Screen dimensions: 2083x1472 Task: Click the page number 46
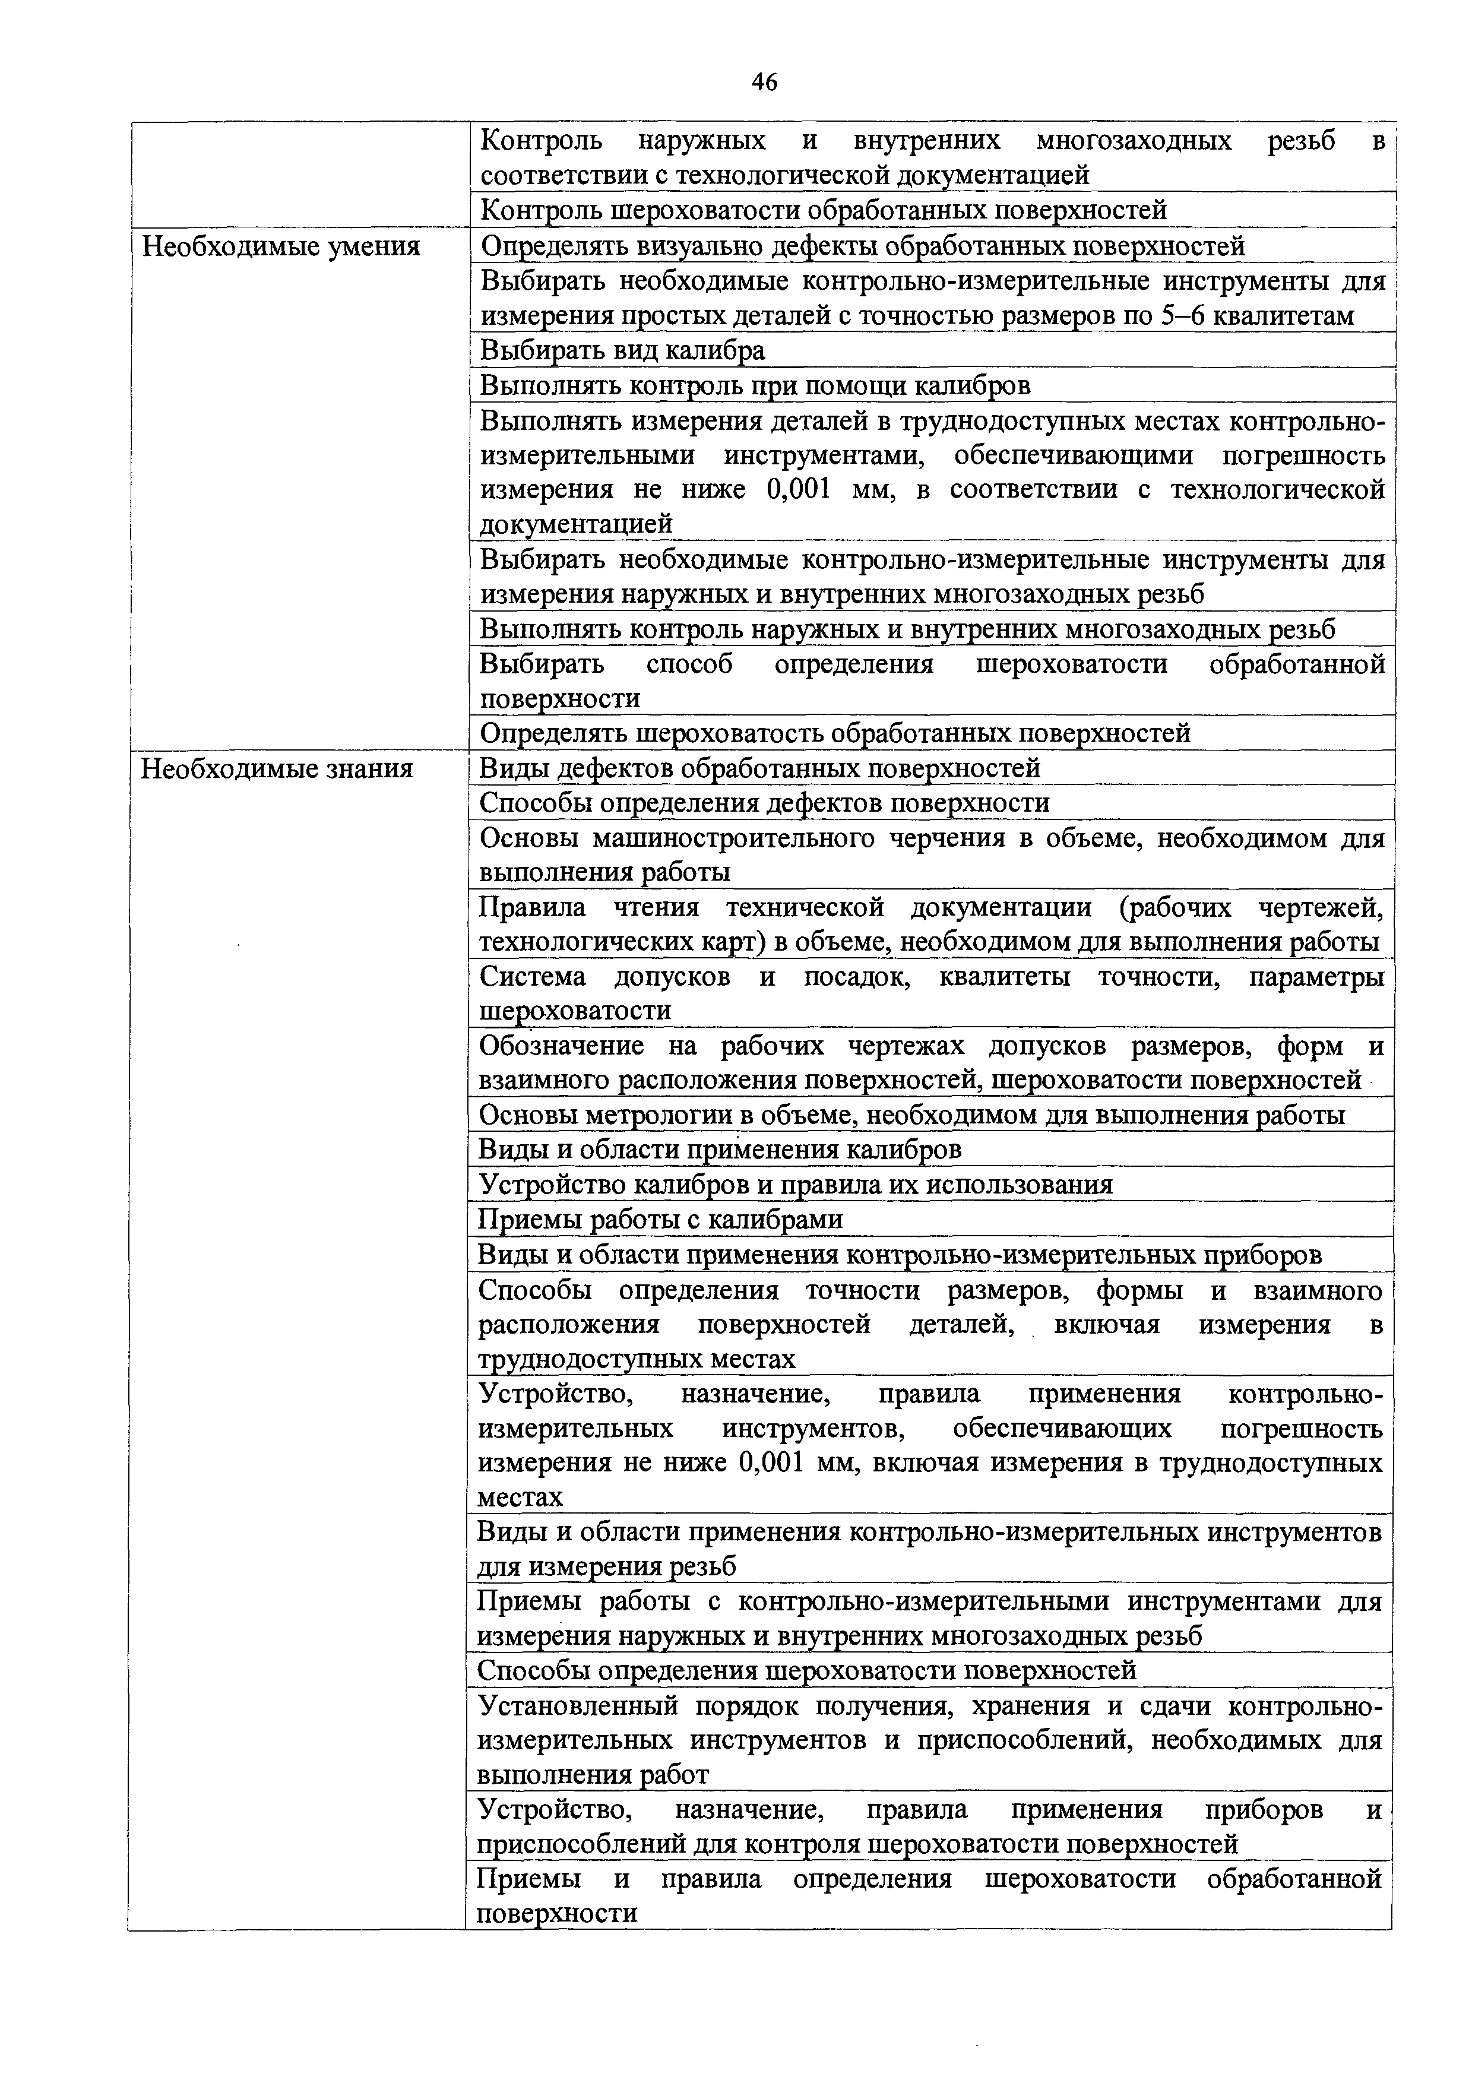[x=765, y=83]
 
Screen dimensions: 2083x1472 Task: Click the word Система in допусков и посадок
[x=533, y=977]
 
